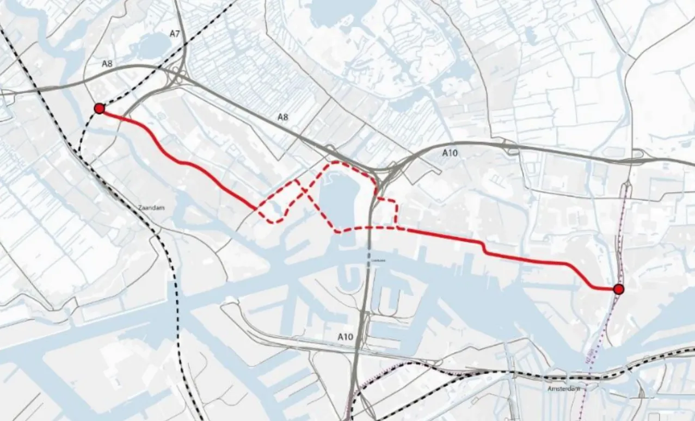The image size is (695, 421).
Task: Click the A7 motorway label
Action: coord(174,34)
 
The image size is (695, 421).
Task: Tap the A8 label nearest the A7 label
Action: coord(107,64)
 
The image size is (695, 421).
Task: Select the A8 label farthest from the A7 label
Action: coord(282,117)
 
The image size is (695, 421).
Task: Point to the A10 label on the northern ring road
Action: coord(449,153)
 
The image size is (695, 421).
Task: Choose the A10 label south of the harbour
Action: coord(345,337)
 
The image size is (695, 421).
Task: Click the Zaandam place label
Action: coord(151,208)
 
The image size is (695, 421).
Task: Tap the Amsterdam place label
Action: coord(564,389)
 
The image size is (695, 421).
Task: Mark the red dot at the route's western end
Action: coord(99,109)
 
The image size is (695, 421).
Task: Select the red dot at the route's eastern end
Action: coord(618,289)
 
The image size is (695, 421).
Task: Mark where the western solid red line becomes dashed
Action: coord(256,208)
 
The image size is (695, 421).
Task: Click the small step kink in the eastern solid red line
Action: coord(483,247)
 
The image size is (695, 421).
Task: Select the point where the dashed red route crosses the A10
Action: coord(370,227)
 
